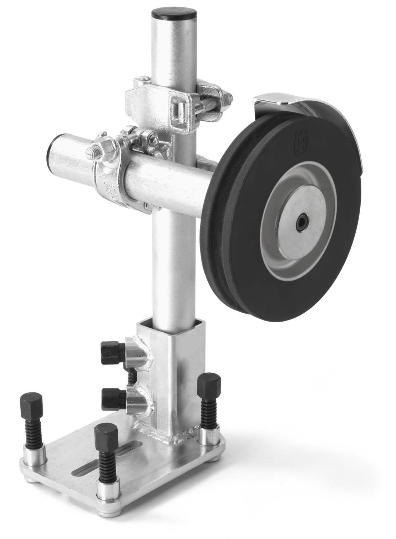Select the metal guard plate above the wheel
pyautogui.click(x=275, y=98)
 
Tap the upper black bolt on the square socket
pyautogui.click(x=112, y=352)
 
